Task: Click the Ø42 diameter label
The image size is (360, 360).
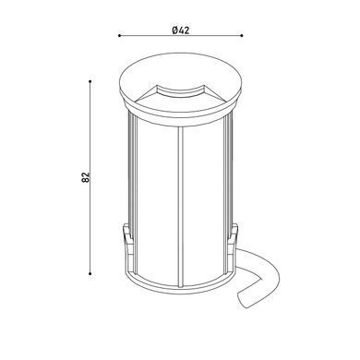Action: (181, 30)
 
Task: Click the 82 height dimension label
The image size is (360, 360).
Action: (86, 177)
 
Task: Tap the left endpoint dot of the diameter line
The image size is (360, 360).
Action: (119, 36)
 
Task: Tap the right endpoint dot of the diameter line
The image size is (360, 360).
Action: (242, 36)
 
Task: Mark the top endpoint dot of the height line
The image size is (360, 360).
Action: (90, 81)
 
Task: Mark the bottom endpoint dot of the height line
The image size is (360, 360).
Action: (90, 273)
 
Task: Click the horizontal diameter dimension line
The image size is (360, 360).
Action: (181, 36)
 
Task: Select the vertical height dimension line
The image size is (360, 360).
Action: (90, 177)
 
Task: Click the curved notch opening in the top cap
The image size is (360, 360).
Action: (180, 90)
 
